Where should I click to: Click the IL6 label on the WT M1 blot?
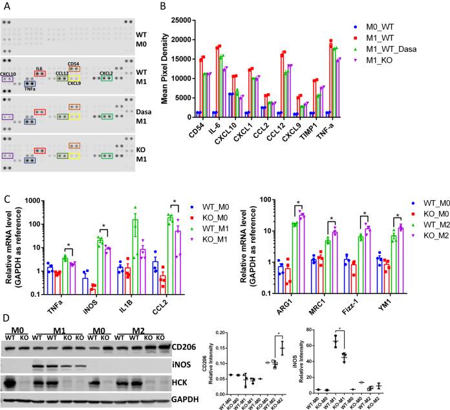click(x=39, y=69)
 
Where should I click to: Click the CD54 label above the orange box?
click(x=74, y=63)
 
